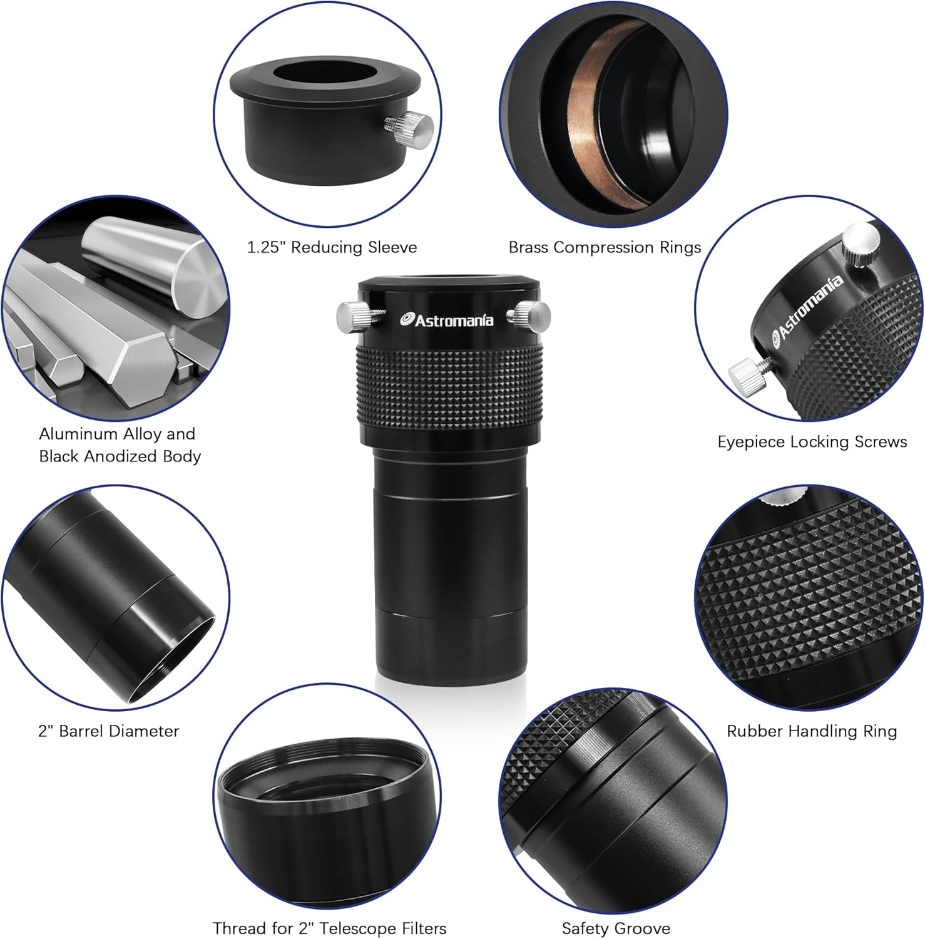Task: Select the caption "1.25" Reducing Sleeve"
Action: click(x=332, y=247)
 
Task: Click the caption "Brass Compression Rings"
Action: click(x=605, y=247)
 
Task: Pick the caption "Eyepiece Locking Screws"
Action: click(x=812, y=442)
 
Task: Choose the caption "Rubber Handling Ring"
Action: click(x=812, y=731)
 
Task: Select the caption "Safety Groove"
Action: click(x=616, y=928)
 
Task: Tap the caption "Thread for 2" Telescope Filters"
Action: click(x=329, y=928)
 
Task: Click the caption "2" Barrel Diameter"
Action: click(x=109, y=731)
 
